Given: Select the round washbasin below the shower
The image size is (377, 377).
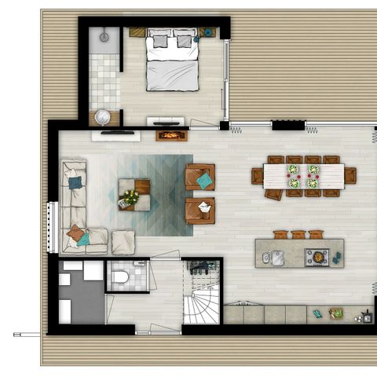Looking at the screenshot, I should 103,116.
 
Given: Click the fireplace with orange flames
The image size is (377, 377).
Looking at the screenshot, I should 171,135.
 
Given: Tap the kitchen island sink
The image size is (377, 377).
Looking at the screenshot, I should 277,257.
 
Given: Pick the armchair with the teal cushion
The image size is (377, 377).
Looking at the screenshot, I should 201,178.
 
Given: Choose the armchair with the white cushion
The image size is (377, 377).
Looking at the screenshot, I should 201,210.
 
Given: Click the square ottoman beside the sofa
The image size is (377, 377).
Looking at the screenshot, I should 123,241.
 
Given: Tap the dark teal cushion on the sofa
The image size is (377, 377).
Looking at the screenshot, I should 75,183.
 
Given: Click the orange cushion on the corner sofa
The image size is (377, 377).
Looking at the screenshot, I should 75,232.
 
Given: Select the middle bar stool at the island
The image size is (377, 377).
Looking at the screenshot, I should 298,234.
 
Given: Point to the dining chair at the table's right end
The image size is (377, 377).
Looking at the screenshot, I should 350,175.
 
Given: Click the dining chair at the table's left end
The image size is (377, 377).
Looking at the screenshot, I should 257,175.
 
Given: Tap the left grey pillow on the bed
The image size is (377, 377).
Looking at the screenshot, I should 159,41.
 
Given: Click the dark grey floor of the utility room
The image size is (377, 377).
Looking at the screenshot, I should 82,302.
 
